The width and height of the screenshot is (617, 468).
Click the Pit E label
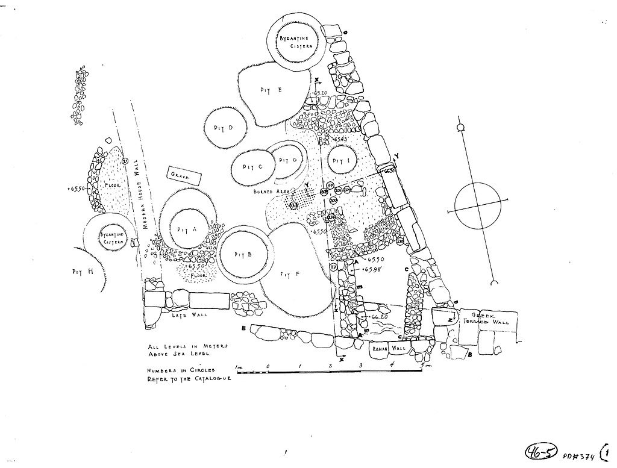[x=271, y=90]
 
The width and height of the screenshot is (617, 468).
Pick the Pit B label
[x=242, y=254]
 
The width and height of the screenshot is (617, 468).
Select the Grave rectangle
[x=179, y=175]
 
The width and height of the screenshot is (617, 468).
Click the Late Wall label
[x=190, y=315]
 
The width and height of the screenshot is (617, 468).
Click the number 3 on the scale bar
[x=360, y=366]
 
